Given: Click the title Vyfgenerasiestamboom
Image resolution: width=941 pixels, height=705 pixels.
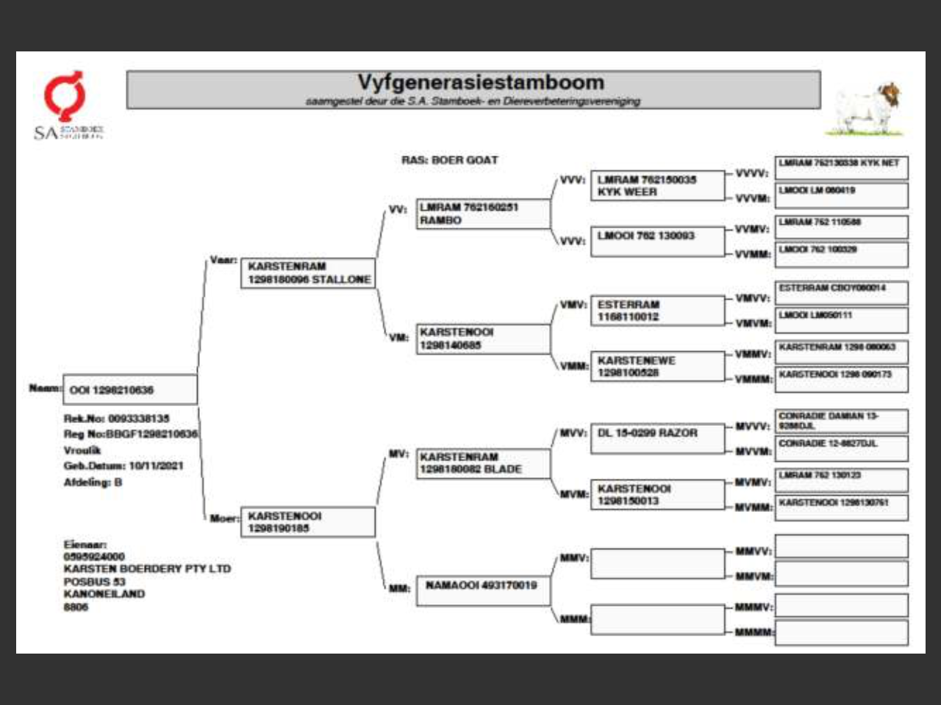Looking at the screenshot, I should [x=481, y=82].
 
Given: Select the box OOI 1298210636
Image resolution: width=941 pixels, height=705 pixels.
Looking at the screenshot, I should [x=130, y=389].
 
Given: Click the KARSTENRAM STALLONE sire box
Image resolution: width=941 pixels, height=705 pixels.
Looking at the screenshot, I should [x=308, y=272].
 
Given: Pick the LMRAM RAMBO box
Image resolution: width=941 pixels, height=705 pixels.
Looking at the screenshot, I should [x=483, y=214].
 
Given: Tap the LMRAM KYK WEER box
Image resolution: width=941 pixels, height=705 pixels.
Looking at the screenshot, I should [x=657, y=185].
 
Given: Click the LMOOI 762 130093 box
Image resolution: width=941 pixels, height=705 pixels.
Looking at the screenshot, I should [x=657, y=240].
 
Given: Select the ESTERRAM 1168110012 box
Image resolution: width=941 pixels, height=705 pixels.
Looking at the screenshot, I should [x=657, y=311].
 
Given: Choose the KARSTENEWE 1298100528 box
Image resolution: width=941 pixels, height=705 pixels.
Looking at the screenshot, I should [x=657, y=366].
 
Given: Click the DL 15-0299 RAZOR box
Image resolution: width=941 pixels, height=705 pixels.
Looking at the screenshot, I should [x=657, y=435].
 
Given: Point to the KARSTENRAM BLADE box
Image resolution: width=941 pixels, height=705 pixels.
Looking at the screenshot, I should [x=483, y=463].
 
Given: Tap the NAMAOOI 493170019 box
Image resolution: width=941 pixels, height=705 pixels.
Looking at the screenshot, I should [x=483, y=589].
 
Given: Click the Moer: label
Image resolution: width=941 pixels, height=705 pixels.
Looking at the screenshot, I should [x=223, y=518].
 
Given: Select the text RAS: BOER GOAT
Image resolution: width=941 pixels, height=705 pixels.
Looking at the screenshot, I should [x=450, y=160].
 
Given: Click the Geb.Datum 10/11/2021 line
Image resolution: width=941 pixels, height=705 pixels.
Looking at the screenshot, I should [x=124, y=466].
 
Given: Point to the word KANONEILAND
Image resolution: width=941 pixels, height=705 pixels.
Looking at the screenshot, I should [x=104, y=594].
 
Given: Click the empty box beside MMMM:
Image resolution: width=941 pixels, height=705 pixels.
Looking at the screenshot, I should [x=841, y=632].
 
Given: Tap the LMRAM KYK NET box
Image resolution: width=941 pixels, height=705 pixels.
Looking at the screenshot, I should [x=841, y=167].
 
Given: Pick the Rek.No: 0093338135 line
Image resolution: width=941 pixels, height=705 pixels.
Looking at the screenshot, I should [x=116, y=419].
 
